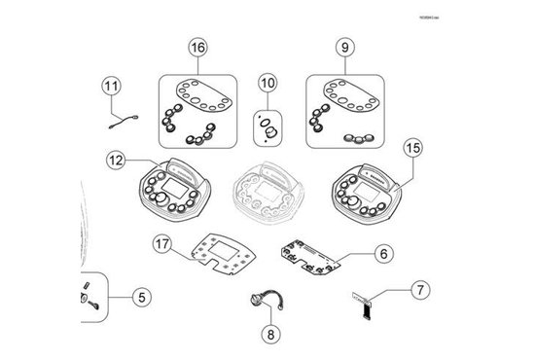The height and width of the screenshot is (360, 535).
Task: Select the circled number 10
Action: [267, 84]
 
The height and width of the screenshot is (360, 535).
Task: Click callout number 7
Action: [418, 290]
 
